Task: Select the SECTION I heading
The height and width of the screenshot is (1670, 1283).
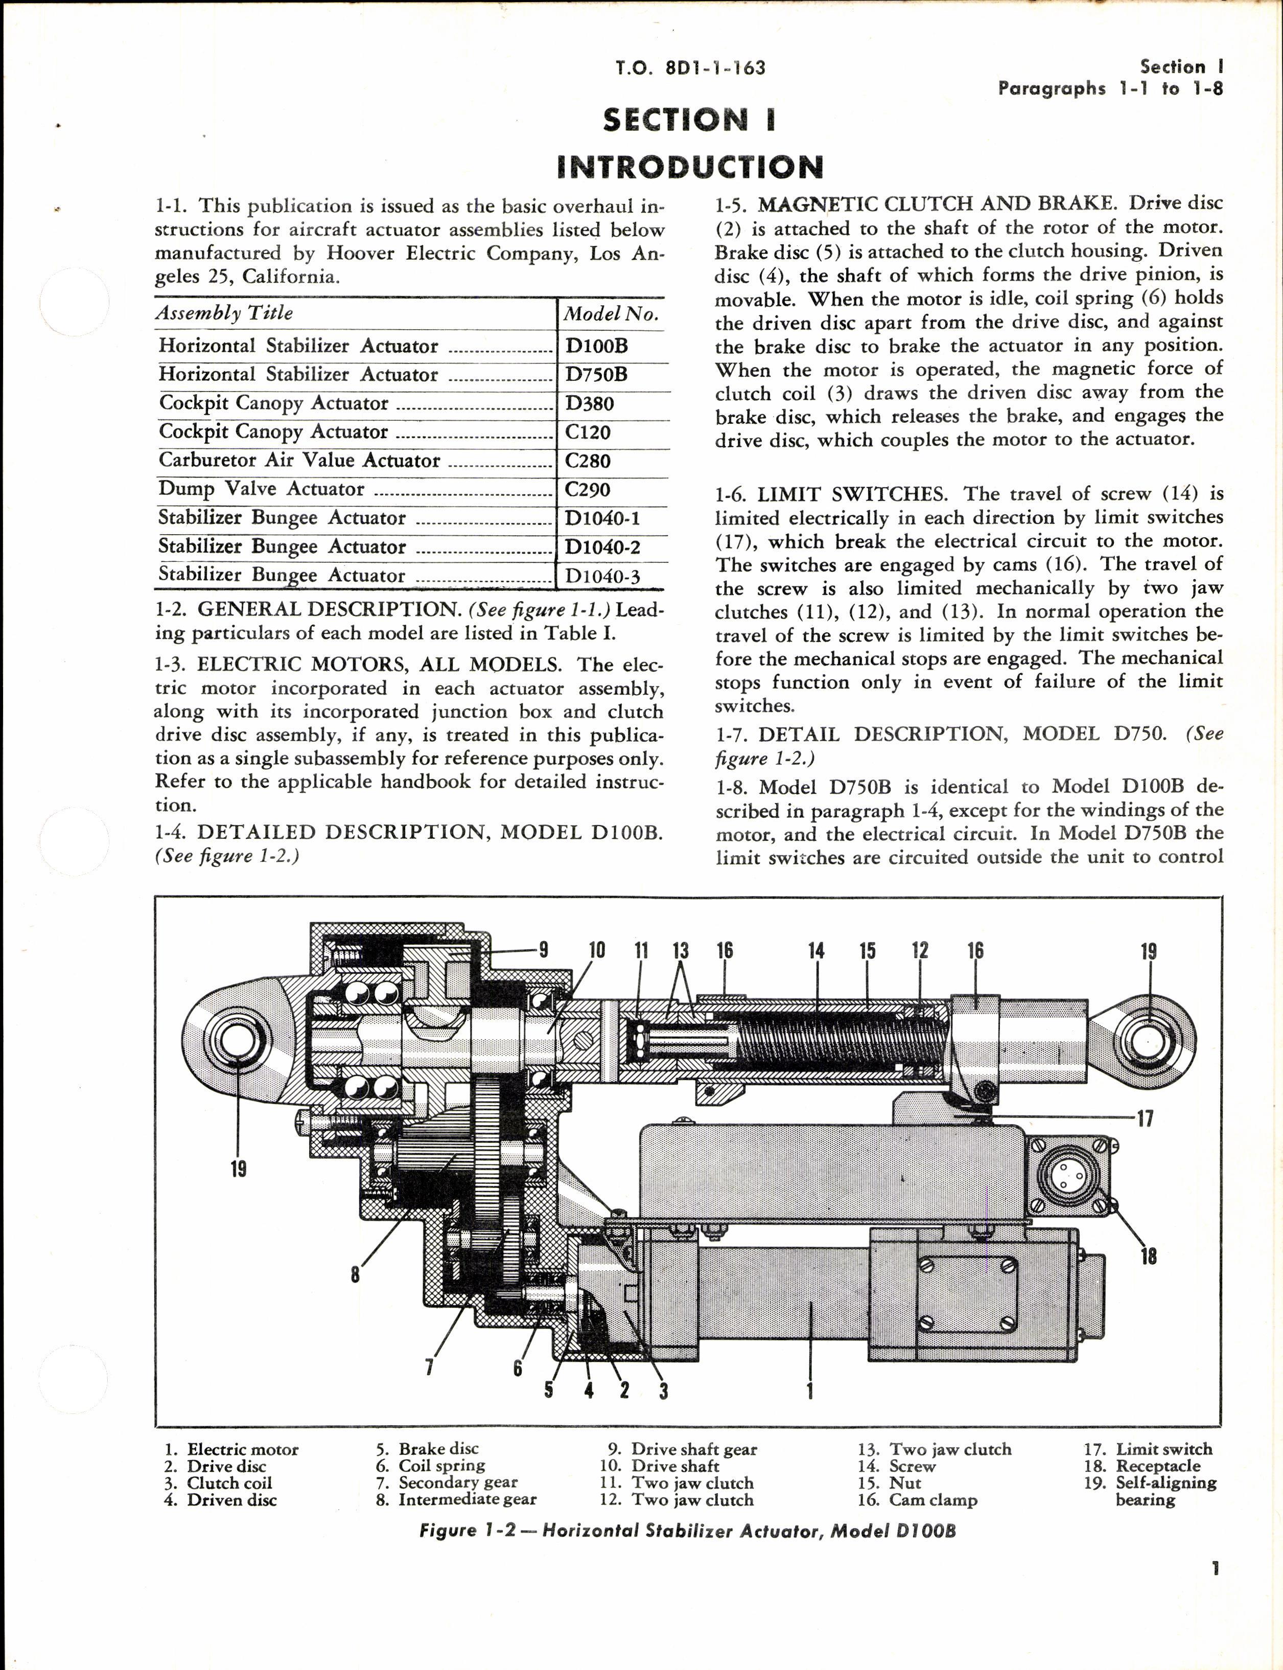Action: pyautogui.click(x=690, y=120)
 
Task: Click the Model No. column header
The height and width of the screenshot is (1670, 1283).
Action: pyautogui.click(x=610, y=314)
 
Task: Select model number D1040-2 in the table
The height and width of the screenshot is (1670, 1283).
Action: pyautogui.click(x=602, y=547)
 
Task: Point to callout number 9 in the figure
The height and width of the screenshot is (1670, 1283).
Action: pyautogui.click(x=543, y=950)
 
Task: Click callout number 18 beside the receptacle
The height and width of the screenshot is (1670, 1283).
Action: pyautogui.click(x=1148, y=1255)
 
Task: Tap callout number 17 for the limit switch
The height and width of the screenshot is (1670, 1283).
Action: pyautogui.click(x=1145, y=1119)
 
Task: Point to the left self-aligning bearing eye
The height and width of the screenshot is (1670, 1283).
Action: pyautogui.click(x=238, y=1041)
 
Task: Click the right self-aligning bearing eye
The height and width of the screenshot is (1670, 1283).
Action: pyautogui.click(x=1148, y=1041)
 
